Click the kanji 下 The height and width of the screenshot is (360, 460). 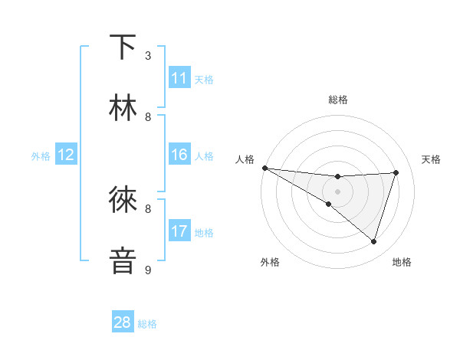(x=123, y=47)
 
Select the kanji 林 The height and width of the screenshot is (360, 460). (x=123, y=108)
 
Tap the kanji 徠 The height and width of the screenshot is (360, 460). (x=123, y=200)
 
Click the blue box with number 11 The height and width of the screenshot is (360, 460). (x=179, y=78)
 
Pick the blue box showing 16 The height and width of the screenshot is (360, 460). (x=179, y=155)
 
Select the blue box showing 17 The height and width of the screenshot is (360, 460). (x=179, y=231)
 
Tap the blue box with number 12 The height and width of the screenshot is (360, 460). (x=66, y=155)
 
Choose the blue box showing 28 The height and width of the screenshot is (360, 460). (x=123, y=322)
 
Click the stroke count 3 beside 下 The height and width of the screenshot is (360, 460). (x=148, y=56)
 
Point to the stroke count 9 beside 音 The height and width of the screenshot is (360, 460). (x=148, y=270)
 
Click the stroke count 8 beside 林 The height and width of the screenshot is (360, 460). (x=148, y=116)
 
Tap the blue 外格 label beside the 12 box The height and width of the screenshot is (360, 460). (x=41, y=155)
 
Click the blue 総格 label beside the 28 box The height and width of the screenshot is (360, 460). (x=147, y=324)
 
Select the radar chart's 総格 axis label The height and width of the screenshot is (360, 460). (x=337, y=100)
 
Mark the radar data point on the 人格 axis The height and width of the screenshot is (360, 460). (x=264, y=168)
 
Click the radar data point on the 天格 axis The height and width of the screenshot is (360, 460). (x=396, y=172)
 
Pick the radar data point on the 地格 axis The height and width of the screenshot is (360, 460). (x=373, y=241)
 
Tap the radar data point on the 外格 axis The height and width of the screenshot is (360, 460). (x=328, y=204)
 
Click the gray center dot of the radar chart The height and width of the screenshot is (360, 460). (x=337, y=191)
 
